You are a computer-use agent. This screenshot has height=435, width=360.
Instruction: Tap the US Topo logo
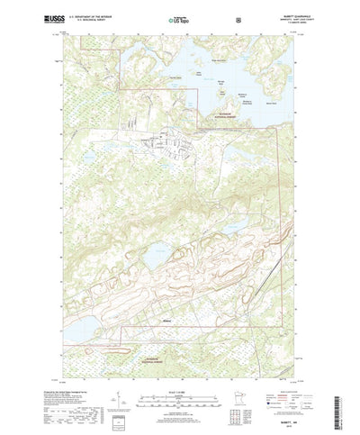179,17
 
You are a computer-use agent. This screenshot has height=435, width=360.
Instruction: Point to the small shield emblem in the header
238,17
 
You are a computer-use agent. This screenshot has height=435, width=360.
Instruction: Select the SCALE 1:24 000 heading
179,370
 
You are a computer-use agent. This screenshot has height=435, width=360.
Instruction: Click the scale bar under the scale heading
179,377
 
